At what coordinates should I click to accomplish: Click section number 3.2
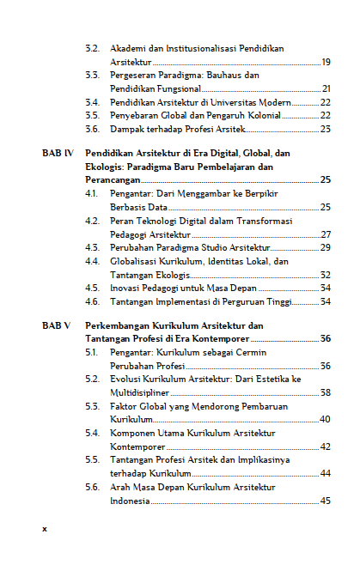click(92, 49)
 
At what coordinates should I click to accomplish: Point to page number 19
click(326, 63)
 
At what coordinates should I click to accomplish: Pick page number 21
click(326, 88)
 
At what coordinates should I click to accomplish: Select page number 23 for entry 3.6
click(326, 129)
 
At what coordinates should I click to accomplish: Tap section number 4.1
click(92, 194)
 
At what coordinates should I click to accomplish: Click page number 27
click(326, 234)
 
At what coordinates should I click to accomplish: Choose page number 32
click(326, 274)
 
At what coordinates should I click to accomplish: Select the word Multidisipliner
click(142, 392)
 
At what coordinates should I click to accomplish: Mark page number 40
click(326, 419)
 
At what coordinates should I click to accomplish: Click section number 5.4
click(92, 433)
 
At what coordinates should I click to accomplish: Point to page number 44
click(326, 473)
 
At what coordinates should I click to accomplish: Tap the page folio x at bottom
click(45, 528)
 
